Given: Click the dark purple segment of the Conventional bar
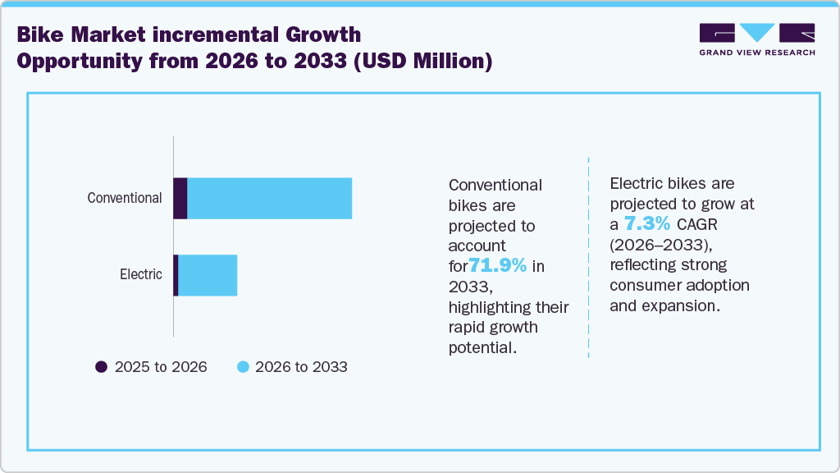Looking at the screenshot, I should point(180,198).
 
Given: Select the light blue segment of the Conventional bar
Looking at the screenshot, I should point(270,198).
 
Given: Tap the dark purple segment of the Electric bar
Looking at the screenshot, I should point(176,275).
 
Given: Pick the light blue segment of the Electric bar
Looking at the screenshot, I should point(208,275).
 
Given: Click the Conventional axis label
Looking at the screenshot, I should point(125,198).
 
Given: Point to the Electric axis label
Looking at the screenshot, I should point(141,274).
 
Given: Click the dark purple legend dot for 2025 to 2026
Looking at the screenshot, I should point(102,367).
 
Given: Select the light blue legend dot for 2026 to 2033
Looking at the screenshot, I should point(243,367).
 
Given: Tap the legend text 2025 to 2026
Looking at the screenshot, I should point(161,367).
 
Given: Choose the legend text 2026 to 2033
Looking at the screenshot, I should point(301,367).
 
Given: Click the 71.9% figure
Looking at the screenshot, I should point(497,265).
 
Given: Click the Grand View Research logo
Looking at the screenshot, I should point(756,39).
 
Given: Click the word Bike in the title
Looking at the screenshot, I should point(40,34).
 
